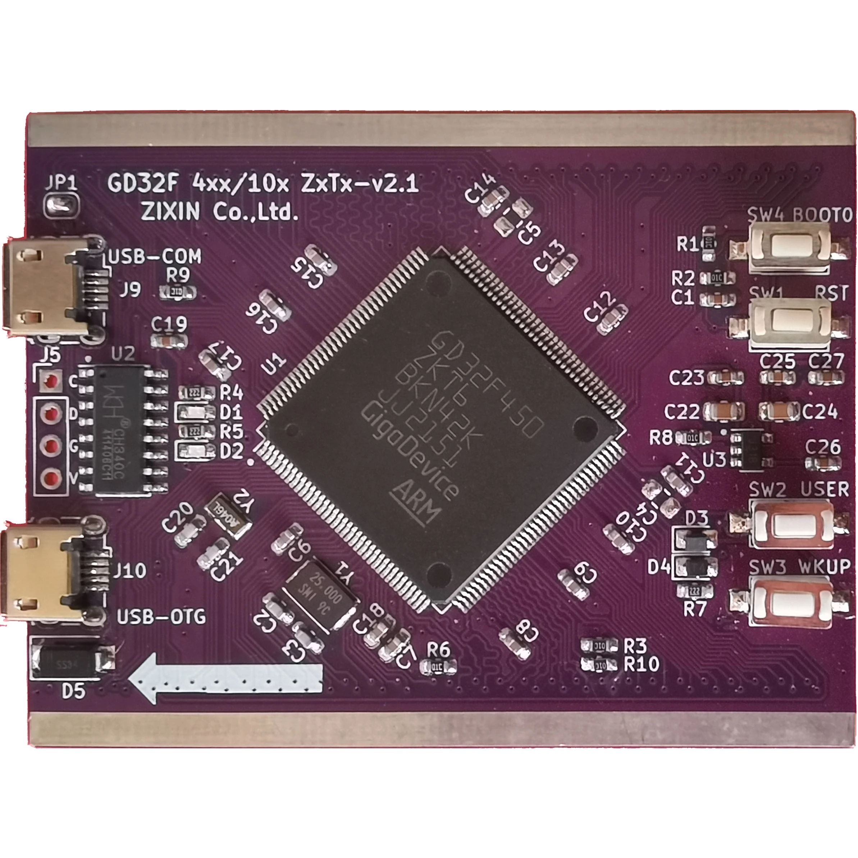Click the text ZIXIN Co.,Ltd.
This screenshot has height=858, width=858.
pos(219,213)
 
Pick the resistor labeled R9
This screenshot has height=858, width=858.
pos(178,292)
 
